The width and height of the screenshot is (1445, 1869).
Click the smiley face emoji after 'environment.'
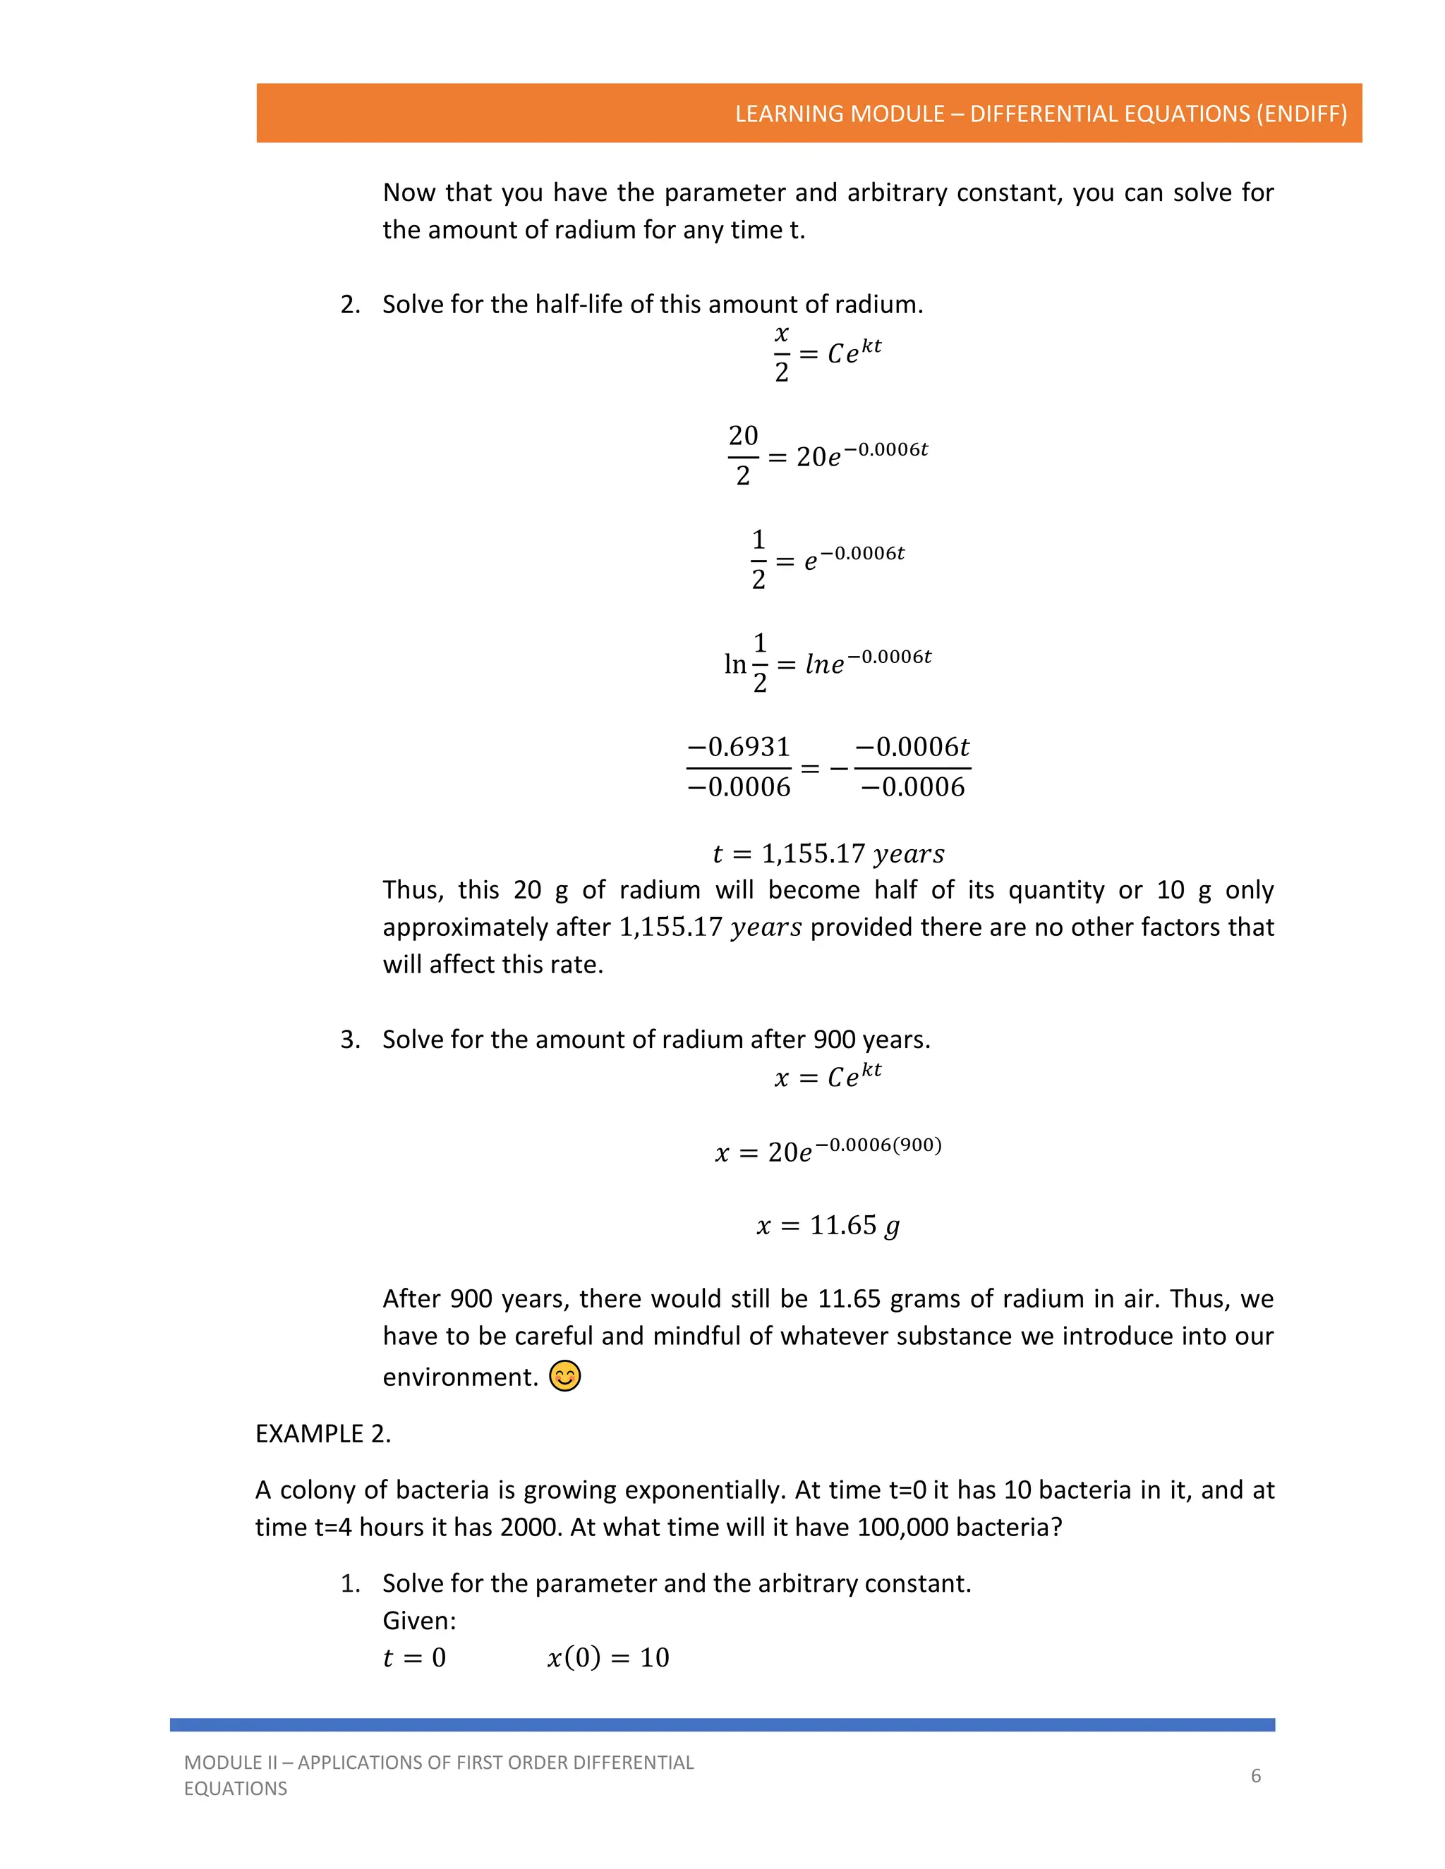[x=565, y=1376]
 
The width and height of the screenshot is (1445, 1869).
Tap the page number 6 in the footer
[x=1256, y=1776]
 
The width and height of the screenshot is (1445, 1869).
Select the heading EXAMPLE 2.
[x=322, y=1433]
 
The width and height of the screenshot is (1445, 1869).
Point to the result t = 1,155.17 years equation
[x=828, y=853]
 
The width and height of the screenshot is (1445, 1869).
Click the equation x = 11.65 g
[x=828, y=1226]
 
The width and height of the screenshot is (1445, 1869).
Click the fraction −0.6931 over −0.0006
[x=739, y=767]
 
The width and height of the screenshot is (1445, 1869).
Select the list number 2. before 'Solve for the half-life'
[x=350, y=305]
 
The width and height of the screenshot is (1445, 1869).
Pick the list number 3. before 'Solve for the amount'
[x=350, y=1040]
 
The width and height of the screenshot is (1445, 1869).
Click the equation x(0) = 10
[x=607, y=1657]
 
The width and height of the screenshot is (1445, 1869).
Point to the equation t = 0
[x=414, y=1657]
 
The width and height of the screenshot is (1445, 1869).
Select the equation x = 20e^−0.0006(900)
[x=828, y=1150]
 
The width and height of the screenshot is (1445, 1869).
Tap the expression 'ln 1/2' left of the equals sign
[x=746, y=663]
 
